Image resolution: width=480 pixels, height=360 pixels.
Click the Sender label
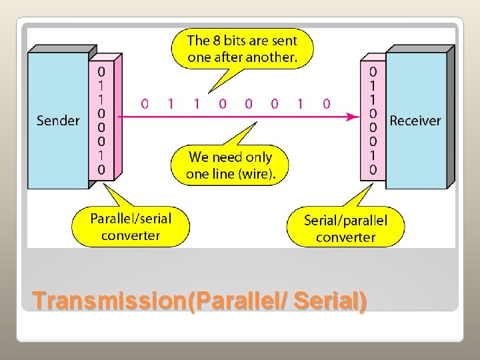[58, 121]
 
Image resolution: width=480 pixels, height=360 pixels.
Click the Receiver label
[415, 121]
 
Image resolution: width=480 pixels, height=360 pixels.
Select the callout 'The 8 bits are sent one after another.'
[242, 49]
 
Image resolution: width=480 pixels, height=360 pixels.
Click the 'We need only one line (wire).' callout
[230, 165]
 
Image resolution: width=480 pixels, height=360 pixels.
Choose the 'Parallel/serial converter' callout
[131, 227]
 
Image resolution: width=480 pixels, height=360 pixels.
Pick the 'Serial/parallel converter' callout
[345, 228]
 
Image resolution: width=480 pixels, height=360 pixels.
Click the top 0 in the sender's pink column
[101, 70]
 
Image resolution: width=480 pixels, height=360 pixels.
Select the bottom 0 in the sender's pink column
[101, 169]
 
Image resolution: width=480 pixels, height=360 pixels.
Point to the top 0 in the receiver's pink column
[373, 70]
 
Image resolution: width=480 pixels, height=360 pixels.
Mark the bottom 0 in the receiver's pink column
[373, 169]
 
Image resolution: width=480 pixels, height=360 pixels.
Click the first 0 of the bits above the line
[145, 103]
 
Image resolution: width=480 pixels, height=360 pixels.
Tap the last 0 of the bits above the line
[326, 103]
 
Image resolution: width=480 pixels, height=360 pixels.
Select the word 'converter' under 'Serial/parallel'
[345, 237]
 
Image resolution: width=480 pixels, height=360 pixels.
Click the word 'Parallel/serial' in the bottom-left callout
[131, 218]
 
